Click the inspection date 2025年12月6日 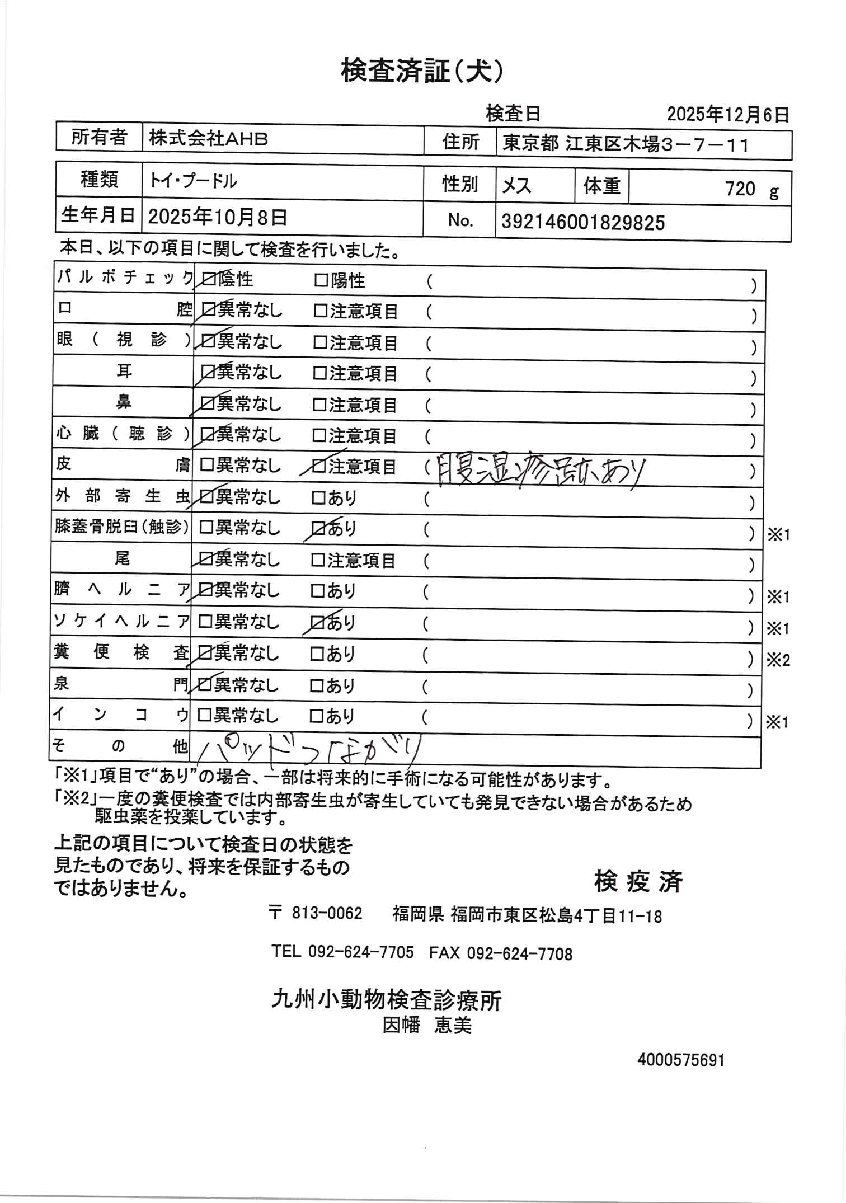727,115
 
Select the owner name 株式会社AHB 208,139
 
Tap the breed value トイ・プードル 192,181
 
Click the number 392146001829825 583,223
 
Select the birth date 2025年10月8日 217,217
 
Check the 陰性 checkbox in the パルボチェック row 210,279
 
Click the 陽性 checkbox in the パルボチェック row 321,280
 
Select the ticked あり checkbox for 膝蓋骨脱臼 318,528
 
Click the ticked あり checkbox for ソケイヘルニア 317,622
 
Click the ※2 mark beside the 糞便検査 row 778,660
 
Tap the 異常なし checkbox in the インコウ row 205,715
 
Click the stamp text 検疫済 639,881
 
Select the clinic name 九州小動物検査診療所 386,999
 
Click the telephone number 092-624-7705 361,952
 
